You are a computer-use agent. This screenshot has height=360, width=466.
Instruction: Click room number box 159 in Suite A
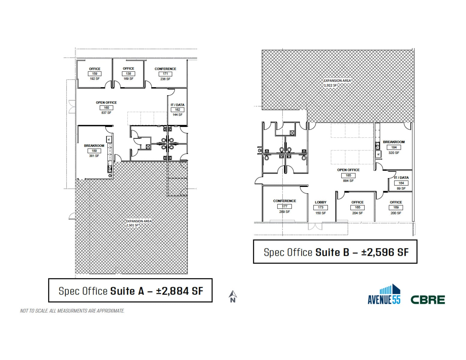pos(95,73)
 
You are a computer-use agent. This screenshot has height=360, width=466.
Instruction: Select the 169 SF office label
pos(128,79)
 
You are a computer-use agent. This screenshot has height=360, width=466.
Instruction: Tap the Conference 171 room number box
pos(165,73)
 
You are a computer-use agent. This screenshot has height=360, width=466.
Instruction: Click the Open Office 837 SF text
pos(106,113)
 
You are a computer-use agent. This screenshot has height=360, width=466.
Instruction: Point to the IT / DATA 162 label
pos(177,105)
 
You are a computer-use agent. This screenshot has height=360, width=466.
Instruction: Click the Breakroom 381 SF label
pos(94,156)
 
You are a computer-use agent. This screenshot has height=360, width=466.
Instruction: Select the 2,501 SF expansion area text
pos(132,225)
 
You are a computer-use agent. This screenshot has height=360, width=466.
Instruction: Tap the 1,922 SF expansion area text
pos(330,85)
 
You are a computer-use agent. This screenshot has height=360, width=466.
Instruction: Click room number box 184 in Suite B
pos(394,147)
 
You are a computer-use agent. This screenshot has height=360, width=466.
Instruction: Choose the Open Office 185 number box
pos(348,175)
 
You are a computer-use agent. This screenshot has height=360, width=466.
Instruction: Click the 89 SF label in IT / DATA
pos(401,188)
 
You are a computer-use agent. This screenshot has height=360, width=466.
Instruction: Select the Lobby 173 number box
pos(320,207)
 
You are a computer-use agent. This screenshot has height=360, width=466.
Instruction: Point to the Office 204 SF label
pos(357,213)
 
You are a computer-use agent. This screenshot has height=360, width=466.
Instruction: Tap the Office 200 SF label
pos(396,213)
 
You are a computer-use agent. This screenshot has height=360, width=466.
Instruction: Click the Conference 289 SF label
pos(284,212)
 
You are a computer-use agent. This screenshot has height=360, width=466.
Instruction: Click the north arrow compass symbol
pos(233,296)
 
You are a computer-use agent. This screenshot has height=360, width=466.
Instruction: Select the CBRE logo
pos(428,299)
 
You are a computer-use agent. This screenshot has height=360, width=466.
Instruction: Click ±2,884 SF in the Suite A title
pos(179,291)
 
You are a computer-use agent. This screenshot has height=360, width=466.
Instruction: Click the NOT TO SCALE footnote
pos(72,311)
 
